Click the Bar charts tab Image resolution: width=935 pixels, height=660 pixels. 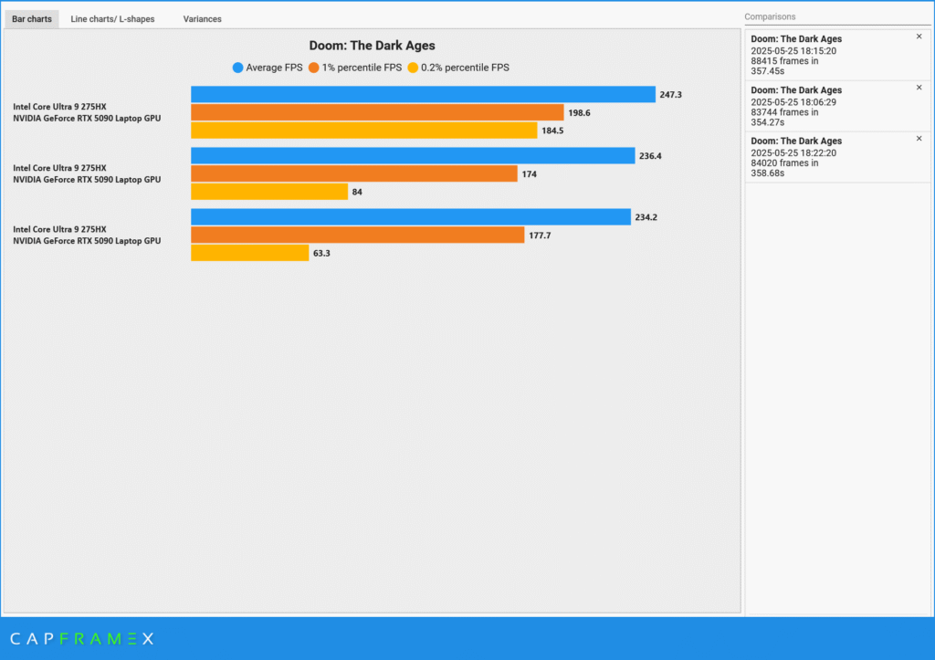tap(32, 18)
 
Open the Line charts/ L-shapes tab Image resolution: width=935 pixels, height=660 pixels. tap(112, 18)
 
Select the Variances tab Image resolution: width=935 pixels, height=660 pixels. tap(202, 18)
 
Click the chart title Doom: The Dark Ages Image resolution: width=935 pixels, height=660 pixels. tap(372, 46)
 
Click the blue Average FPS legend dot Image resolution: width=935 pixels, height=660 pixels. tap(238, 68)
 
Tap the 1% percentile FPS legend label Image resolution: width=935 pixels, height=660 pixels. tap(362, 68)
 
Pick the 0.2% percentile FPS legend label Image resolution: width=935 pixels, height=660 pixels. tap(465, 68)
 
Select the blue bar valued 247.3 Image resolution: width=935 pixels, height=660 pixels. tap(423, 95)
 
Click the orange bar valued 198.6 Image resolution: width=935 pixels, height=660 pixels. tap(377, 112)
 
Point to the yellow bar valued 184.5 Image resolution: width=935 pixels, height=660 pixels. tap(363, 131)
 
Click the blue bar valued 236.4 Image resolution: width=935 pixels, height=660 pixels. tap(413, 156)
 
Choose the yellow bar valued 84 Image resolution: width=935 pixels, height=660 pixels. tap(269, 192)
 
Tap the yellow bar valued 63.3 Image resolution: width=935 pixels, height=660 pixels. tap(249, 253)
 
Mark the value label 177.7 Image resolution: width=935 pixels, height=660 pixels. tap(540, 236)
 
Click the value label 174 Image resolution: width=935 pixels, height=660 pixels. tap(529, 174)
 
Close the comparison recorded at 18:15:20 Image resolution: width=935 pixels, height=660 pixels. tap(919, 37)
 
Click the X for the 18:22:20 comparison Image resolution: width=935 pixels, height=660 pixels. tap(919, 139)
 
